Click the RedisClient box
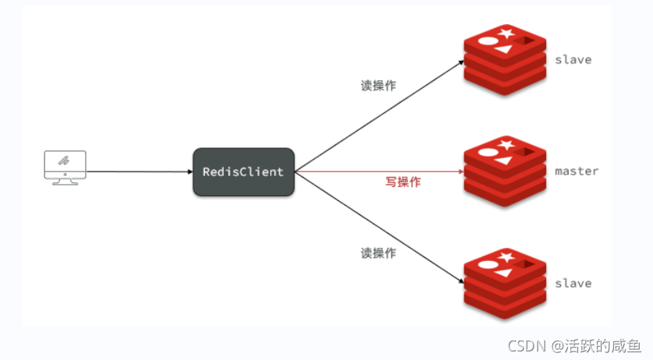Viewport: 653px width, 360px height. click(243, 171)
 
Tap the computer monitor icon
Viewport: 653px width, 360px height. click(65, 166)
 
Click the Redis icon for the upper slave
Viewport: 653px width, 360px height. click(503, 60)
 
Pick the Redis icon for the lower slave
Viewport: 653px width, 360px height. click(503, 284)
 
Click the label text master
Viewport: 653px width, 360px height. click(577, 171)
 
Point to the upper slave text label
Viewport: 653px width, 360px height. click(573, 59)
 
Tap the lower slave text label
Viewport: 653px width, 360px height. click(573, 283)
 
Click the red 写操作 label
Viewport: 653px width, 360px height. click(403, 182)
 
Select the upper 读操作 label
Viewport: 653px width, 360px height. click(378, 86)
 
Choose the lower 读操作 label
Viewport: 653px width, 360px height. click(378, 252)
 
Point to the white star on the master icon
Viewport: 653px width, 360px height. click(507, 145)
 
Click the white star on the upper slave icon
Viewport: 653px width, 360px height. click(507, 33)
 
